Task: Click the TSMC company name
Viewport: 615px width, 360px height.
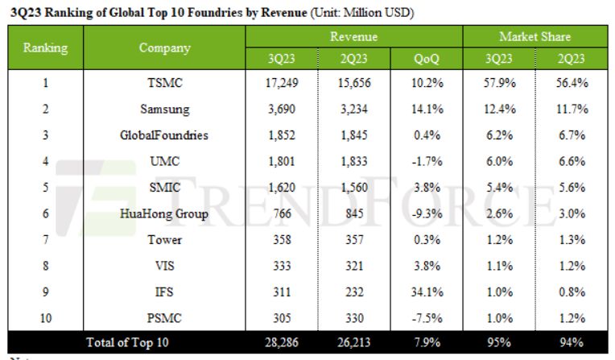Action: point(164,82)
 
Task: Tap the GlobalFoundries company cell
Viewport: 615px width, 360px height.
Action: point(164,135)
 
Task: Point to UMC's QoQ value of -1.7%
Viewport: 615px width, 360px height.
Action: point(427,161)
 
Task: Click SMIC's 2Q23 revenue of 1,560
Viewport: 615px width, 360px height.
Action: point(355,187)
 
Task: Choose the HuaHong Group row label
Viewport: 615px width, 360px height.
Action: point(164,213)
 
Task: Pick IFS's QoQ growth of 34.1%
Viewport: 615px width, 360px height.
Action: point(427,292)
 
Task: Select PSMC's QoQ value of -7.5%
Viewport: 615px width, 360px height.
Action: point(427,317)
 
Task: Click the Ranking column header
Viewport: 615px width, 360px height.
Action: point(45,48)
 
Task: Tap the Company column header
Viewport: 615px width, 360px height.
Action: point(164,48)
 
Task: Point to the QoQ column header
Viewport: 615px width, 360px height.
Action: point(427,58)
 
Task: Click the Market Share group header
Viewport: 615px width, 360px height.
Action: point(535,37)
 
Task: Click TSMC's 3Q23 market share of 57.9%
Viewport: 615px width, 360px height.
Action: point(499,82)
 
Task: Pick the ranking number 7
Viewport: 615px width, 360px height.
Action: point(45,239)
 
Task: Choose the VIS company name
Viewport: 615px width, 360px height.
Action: point(164,265)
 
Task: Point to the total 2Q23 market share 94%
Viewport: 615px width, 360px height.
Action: point(572,342)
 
